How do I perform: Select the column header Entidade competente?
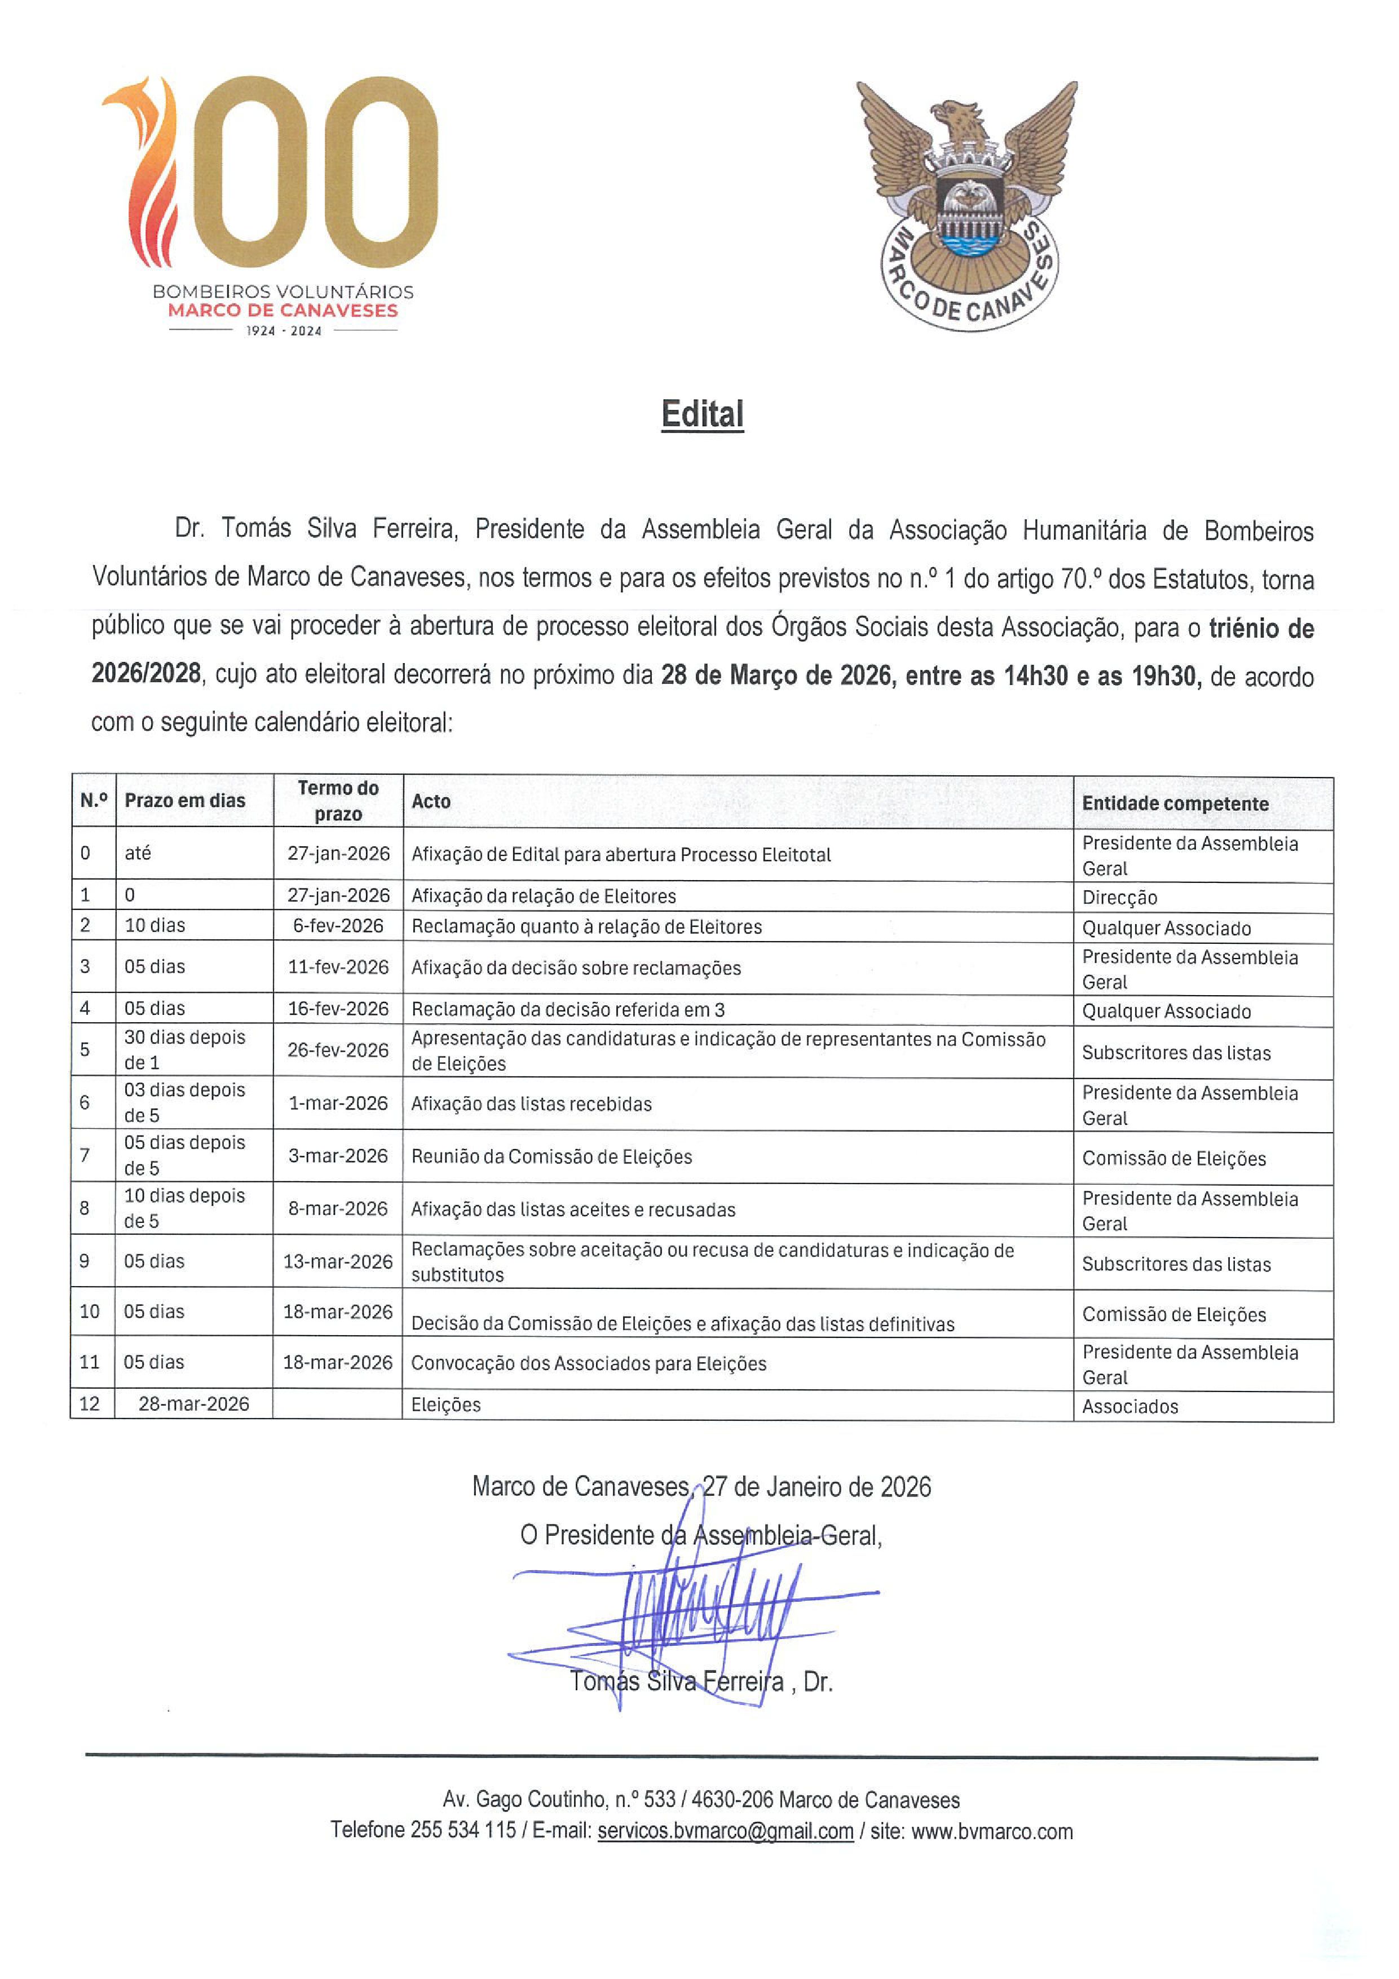tap(1175, 803)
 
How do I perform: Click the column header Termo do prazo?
tap(338, 801)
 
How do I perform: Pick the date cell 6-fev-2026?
tap(338, 926)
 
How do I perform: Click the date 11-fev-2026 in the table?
tap(338, 967)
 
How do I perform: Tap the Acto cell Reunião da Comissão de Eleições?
tap(551, 1157)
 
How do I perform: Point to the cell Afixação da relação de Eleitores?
tap(544, 896)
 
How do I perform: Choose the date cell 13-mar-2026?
tap(338, 1261)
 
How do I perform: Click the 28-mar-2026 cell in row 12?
tap(194, 1404)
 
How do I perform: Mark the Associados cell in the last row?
tap(1130, 1407)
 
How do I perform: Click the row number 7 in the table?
tap(85, 1155)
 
